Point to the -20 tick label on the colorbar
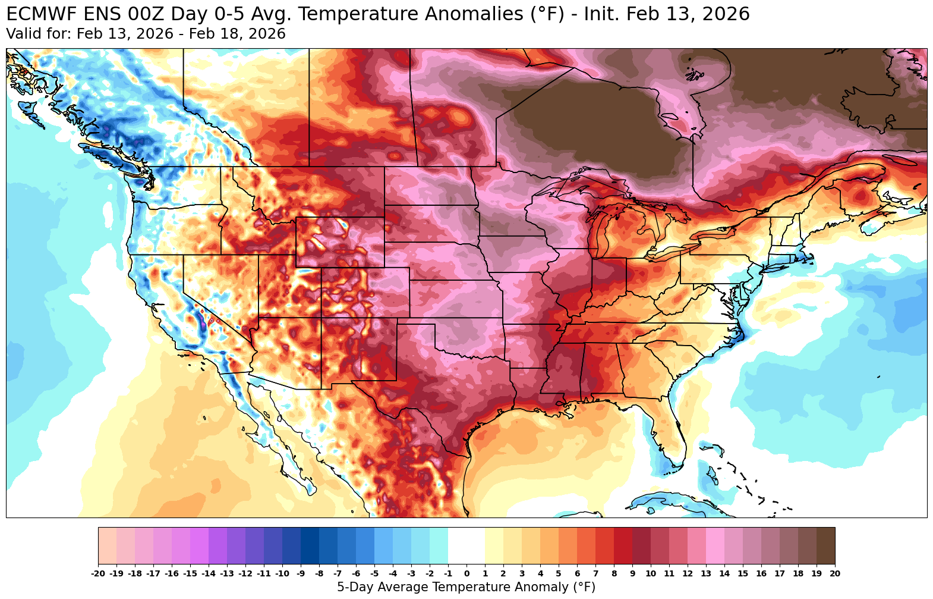[98, 573]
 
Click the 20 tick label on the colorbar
[834, 573]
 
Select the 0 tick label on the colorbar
[466, 573]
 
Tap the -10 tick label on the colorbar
[282, 573]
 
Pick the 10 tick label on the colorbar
[650, 573]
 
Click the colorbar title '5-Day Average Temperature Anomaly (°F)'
[466, 587]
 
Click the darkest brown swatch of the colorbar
[825, 545]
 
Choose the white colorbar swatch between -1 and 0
[457, 545]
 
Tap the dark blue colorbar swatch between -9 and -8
[310, 545]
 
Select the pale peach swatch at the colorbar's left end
[108, 545]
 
